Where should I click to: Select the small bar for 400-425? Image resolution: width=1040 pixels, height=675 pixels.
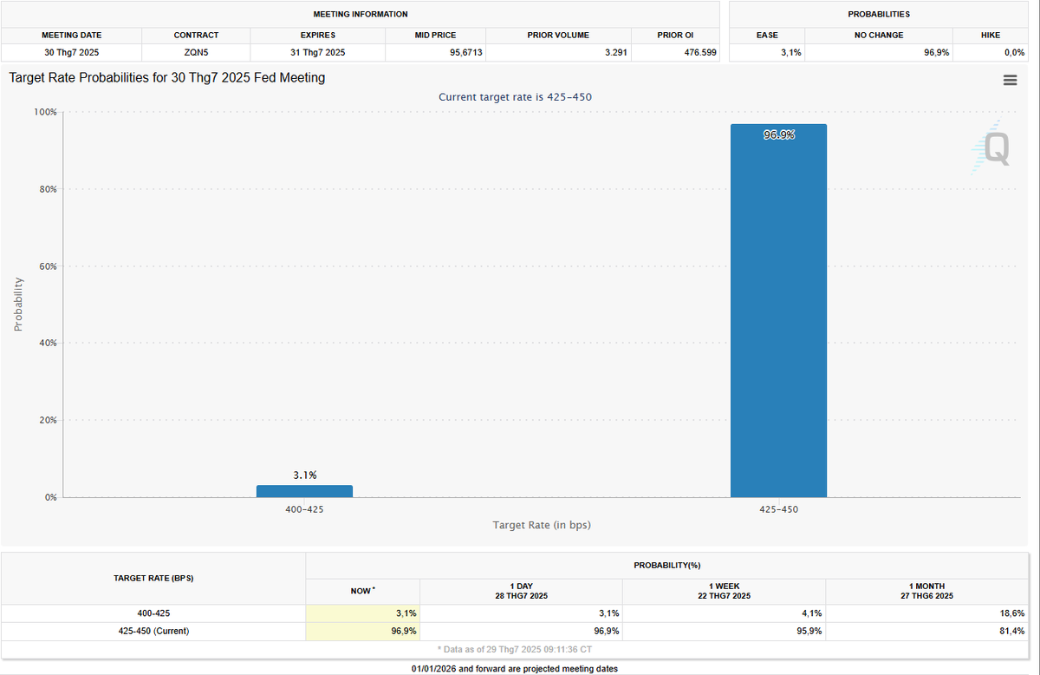304,491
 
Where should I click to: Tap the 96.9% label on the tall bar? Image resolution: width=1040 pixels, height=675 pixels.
778,135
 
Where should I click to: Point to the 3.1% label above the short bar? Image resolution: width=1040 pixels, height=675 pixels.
304,475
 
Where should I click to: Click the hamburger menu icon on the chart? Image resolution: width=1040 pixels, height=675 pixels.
1010,80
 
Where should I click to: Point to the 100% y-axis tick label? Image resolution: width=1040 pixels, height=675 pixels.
44,112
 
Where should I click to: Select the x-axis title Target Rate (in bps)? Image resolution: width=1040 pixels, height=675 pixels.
542,525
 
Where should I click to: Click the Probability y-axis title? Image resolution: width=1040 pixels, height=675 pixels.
18,304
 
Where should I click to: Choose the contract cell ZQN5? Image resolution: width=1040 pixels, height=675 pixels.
196,53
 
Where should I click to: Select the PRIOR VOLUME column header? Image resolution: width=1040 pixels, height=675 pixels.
557,36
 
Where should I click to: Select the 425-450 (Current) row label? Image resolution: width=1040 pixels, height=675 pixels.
153,631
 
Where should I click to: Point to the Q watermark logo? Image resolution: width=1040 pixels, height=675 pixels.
991,148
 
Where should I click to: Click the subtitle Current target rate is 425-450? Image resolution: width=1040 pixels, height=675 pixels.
515,97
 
